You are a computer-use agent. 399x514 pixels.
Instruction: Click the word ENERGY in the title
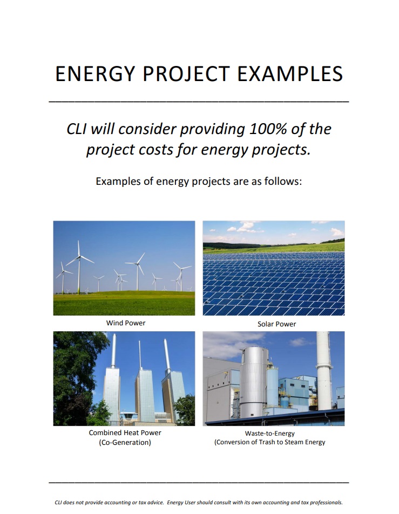pyautogui.click(x=95, y=74)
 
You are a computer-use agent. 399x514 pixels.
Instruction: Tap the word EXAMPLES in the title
pyautogui.click(x=290, y=74)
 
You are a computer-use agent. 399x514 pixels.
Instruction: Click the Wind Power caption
pyautogui.click(x=126, y=323)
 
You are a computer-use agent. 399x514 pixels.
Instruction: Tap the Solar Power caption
pyautogui.click(x=276, y=324)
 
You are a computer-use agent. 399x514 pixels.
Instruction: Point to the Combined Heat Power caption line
pyautogui.click(x=125, y=433)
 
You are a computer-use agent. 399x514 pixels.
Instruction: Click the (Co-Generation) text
pyautogui.click(x=125, y=443)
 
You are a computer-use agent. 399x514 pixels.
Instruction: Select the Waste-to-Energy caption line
pyautogui.click(x=269, y=433)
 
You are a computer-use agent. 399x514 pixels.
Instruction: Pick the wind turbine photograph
pyautogui.click(x=124, y=268)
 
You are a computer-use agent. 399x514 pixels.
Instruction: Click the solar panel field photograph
pyautogui.click(x=274, y=268)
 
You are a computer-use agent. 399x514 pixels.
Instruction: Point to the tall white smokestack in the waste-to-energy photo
pyautogui.click(x=323, y=370)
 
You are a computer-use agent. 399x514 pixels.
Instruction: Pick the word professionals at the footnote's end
pyautogui.click(x=326, y=502)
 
